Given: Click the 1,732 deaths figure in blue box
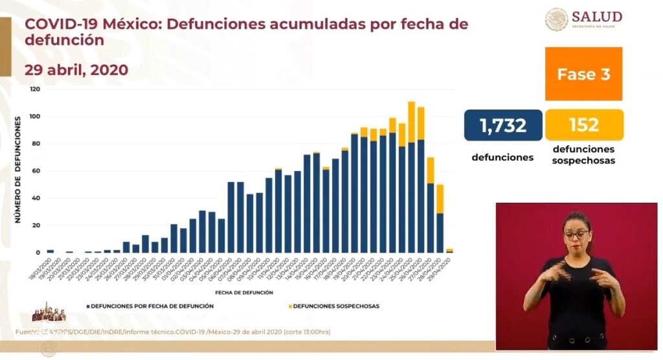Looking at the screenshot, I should (503, 125).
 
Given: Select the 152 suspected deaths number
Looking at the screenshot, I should (584, 125).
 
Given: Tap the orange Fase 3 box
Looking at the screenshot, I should (583, 74).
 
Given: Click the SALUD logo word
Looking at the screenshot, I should (597, 16).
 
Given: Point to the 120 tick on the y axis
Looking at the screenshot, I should (35, 89).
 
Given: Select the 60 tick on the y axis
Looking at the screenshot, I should (36, 171).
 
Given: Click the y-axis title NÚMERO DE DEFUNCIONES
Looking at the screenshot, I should (18, 171).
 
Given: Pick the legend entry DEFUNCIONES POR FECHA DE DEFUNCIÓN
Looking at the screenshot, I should (150, 306).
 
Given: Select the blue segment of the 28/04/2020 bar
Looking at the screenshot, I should (440, 232).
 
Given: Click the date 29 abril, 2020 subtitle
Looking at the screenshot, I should (76, 70).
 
